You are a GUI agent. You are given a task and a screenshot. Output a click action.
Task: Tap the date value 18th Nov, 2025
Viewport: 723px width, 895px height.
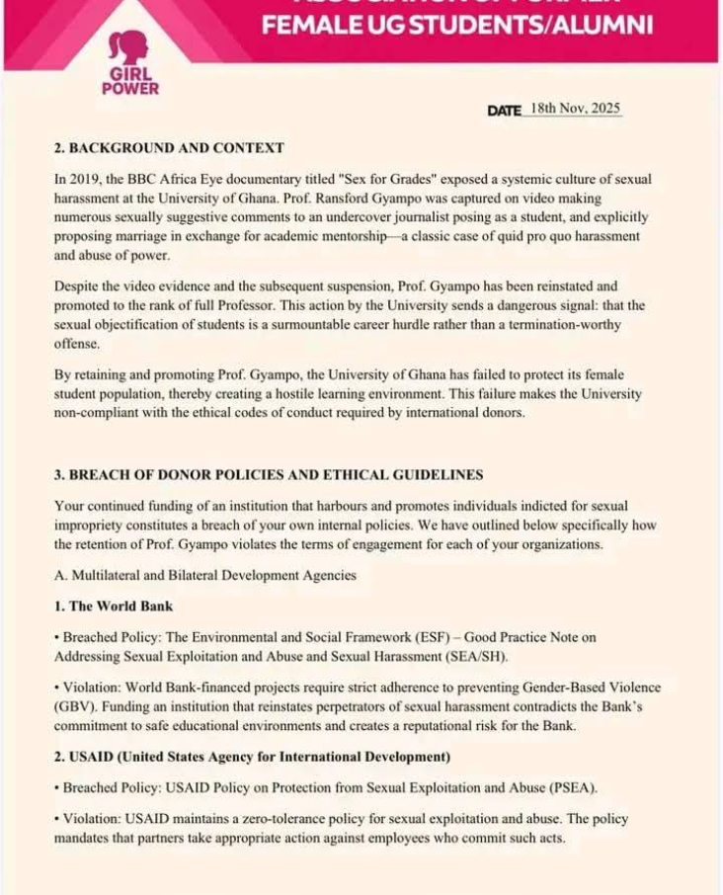tap(575, 109)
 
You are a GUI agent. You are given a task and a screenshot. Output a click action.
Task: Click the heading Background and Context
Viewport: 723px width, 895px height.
tap(169, 148)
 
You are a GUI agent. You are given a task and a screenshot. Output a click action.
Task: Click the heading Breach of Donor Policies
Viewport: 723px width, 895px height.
tap(269, 475)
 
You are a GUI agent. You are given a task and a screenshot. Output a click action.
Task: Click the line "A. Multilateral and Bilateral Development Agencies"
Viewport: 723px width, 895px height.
tap(204, 575)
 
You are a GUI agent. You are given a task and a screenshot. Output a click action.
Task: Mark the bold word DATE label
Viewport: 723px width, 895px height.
tap(504, 111)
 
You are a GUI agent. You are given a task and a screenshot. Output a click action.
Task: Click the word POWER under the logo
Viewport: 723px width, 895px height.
tap(129, 88)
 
